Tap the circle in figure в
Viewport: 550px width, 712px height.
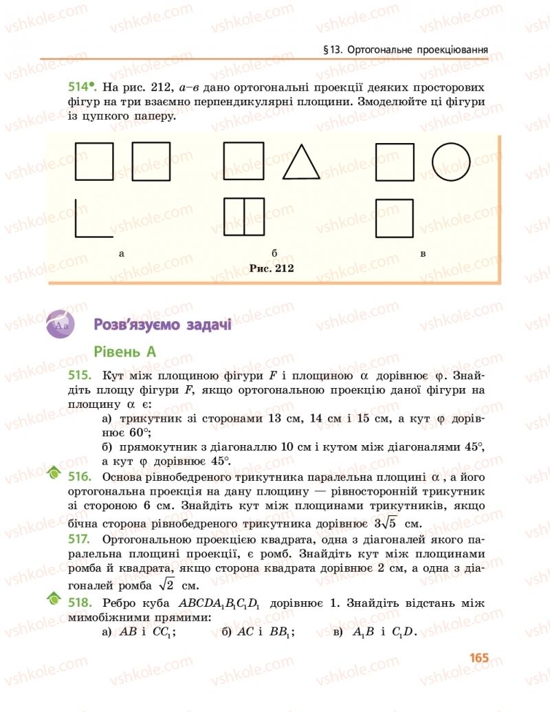(x=451, y=162)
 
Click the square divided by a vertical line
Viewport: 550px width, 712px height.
(x=243, y=217)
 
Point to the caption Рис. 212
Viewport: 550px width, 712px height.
(x=272, y=268)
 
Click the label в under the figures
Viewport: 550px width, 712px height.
(x=423, y=254)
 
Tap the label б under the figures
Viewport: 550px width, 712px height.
(x=274, y=254)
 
